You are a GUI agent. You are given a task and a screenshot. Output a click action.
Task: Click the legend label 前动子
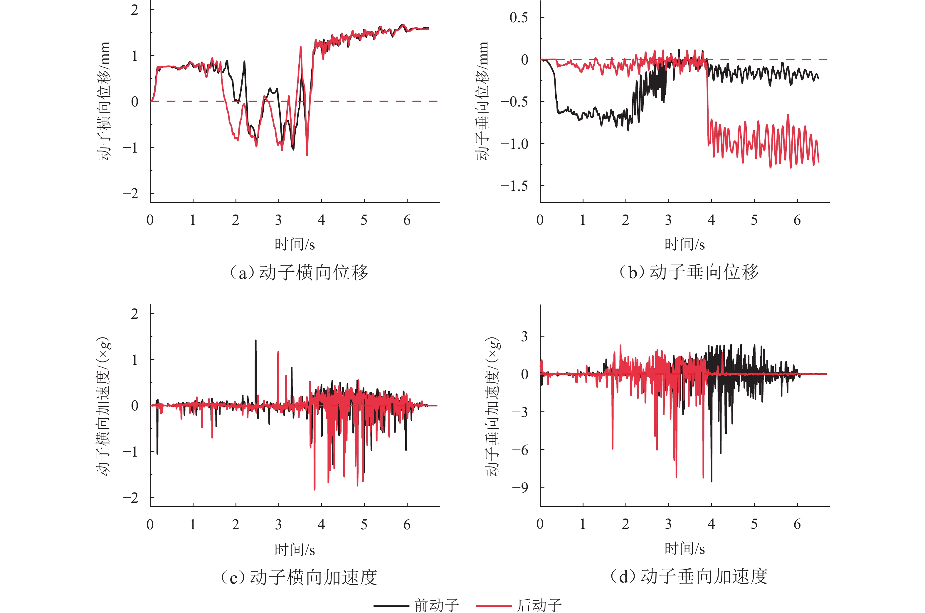click(x=436, y=605)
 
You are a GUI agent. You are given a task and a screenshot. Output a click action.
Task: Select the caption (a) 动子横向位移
click(x=298, y=272)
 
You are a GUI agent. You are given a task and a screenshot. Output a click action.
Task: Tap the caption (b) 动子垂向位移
click(x=688, y=272)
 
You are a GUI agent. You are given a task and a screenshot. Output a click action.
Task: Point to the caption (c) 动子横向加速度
click(x=298, y=577)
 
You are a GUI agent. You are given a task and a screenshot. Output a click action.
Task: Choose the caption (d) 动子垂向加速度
click(x=688, y=576)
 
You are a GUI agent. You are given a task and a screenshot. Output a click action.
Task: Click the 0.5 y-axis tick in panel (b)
click(x=519, y=18)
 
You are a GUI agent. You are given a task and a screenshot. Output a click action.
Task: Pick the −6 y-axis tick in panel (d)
click(x=520, y=450)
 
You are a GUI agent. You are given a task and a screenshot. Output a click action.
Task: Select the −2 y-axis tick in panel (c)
click(x=130, y=498)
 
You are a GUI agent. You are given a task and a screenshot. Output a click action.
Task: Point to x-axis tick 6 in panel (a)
click(x=407, y=220)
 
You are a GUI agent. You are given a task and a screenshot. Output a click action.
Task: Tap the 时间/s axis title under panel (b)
click(x=684, y=244)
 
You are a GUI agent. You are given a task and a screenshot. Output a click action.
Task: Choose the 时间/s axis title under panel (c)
click(x=295, y=550)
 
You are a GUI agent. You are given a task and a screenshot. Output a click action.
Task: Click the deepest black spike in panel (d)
click(x=712, y=481)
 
